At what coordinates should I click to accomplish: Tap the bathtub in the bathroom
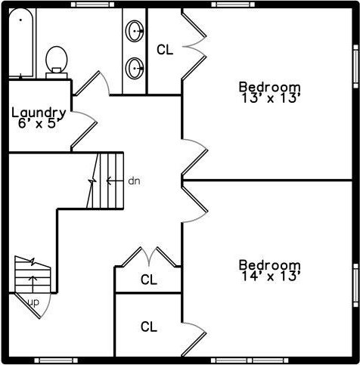pyautogui.click(x=21, y=43)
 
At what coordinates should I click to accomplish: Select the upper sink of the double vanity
pyautogui.click(x=135, y=31)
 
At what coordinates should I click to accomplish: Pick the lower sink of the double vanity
pyautogui.click(x=135, y=68)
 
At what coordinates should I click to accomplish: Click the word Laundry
pyautogui.click(x=39, y=113)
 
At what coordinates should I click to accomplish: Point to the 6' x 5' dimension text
pyautogui.click(x=39, y=123)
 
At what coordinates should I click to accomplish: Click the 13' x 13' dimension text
pyautogui.click(x=271, y=98)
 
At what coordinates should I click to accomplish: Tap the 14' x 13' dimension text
pyautogui.click(x=271, y=276)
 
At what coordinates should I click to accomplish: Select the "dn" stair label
pyautogui.click(x=134, y=181)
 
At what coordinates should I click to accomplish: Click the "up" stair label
pyautogui.click(x=33, y=302)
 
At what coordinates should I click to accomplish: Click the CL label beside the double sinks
pyautogui.click(x=165, y=50)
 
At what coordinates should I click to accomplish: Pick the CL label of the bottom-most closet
pyautogui.click(x=149, y=326)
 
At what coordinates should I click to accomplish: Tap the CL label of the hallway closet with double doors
pyautogui.click(x=149, y=280)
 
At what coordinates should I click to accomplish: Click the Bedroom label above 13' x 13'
pyautogui.click(x=270, y=87)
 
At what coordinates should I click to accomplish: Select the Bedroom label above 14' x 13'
pyautogui.click(x=270, y=265)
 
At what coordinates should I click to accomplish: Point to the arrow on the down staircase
pyautogui.click(x=115, y=181)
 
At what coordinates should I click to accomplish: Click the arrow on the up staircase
pyautogui.click(x=33, y=284)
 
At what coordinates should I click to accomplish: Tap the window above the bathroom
pyautogui.click(x=92, y=5)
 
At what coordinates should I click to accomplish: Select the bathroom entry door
pyautogui.click(x=92, y=84)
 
